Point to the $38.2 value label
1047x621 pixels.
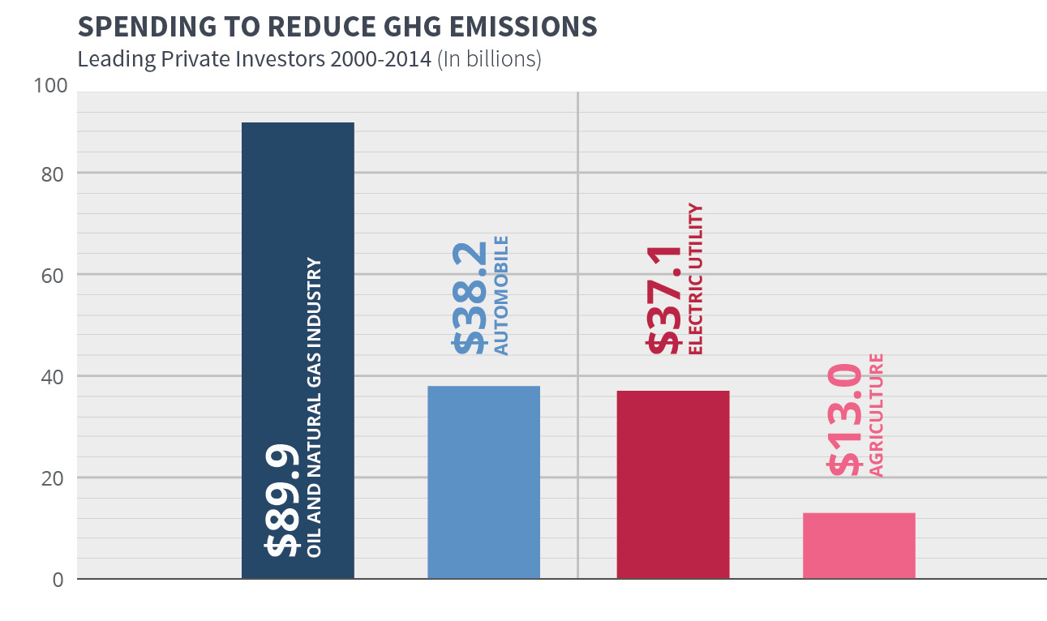point(470,298)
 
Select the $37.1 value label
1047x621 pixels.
point(663,299)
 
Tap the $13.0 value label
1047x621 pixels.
point(845,419)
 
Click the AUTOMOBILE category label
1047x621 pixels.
point(501,296)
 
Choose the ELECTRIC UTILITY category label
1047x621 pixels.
point(695,280)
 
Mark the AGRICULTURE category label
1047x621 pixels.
point(876,415)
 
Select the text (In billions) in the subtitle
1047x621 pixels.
point(489,60)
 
